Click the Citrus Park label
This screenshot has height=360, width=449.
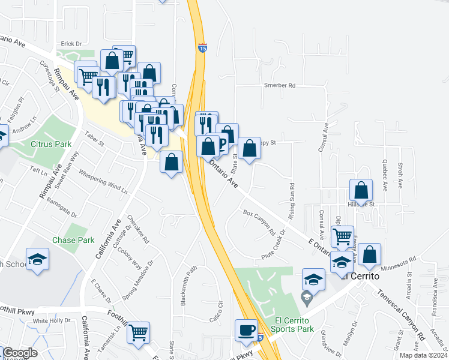(x=51, y=144)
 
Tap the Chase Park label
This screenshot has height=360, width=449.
(x=73, y=240)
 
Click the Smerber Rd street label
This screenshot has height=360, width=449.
(x=280, y=85)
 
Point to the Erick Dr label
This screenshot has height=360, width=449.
(x=70, y=44)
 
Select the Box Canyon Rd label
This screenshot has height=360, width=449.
(x=259, y=222)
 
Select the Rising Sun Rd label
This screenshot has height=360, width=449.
(x=292, y=201)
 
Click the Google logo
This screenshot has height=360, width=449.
(x=20, y=353)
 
